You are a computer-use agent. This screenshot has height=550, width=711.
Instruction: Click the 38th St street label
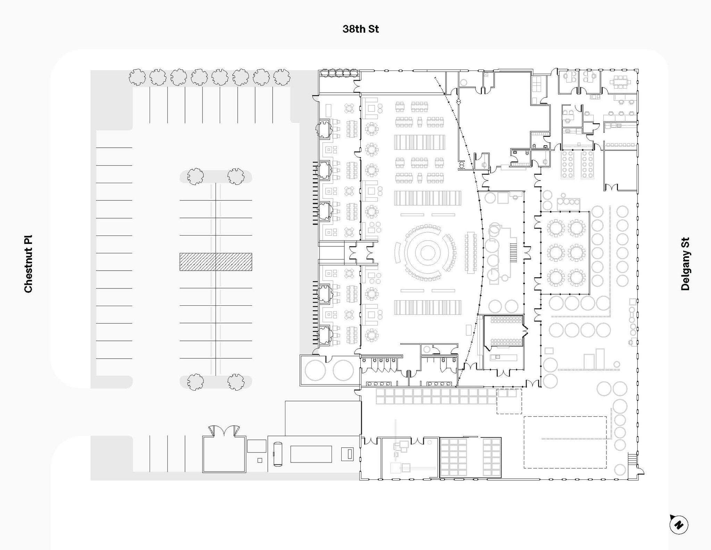(x=360, y=29)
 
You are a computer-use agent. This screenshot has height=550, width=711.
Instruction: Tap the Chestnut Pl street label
(x=28, y=264)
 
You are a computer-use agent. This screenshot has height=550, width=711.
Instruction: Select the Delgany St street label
(x=685, y=264)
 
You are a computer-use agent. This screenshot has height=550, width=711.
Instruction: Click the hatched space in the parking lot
(x=216, y=262)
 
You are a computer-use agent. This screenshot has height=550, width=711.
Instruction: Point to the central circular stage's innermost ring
(x=428, y=253)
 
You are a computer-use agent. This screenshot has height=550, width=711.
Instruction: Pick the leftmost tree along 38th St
(x=137, y=77)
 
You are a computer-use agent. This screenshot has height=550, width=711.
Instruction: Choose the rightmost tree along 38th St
(x=282, y=77)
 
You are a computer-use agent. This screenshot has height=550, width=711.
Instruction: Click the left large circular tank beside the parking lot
(x=315, y=370)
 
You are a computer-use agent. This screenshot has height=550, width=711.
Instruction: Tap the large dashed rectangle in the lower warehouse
(x=565, y=442)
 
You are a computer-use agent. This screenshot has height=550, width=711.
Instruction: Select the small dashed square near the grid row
(x=509, y=401)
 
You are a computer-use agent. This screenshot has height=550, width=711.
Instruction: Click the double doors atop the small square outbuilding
(x=224, y=431)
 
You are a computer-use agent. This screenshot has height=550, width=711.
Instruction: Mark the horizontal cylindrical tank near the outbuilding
(x=278, y=454)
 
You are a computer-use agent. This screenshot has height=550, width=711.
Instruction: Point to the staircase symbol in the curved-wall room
(x=513, y=253)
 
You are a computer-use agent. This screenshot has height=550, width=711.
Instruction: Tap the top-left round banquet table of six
(x=556, y=228)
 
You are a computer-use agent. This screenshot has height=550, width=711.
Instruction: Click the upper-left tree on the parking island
(x=195, y=176)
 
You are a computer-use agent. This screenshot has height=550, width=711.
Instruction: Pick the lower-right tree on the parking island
(x=236, y=382)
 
